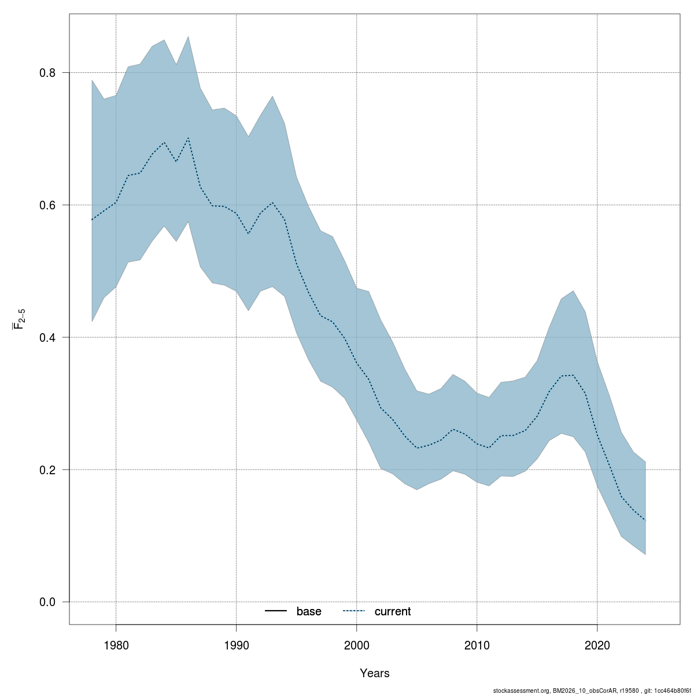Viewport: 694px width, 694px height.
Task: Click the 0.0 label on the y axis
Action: point(47,602)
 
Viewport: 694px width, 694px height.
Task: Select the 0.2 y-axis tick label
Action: point(47,470)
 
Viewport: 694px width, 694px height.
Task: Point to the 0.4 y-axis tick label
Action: point(47,337)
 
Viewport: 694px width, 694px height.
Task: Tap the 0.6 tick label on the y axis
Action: point(47,205)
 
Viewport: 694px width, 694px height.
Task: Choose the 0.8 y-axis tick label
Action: point(47,73)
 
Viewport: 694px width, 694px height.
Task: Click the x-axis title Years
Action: point(375,673)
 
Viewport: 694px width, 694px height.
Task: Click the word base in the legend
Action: point(309,611)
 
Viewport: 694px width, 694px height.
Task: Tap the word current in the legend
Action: point(393,611)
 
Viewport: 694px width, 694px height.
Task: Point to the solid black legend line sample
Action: point(276,611)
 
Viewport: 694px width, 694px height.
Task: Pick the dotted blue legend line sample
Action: point(354,611)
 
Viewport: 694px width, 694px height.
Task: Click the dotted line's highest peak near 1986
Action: point(188,138)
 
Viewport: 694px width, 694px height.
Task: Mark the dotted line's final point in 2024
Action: point(645,520)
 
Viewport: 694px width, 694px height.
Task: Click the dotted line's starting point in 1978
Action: point(92,220)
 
